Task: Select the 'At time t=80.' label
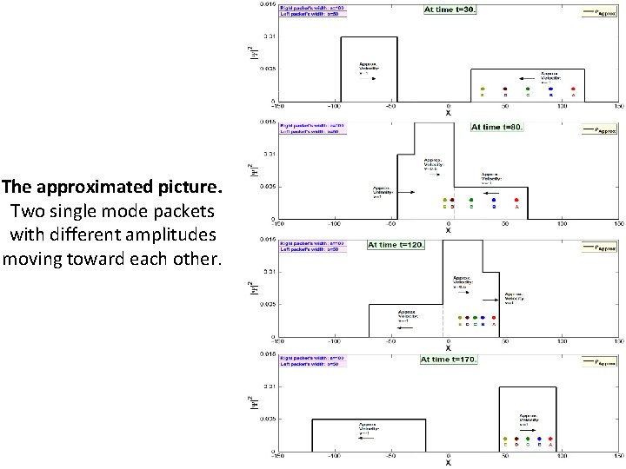(496, 127)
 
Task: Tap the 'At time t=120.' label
(395, 245)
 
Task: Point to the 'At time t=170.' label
(449, 359)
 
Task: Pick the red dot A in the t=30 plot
(573, 89)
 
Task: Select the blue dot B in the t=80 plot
(494, 200)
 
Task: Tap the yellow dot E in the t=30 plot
(483, 89)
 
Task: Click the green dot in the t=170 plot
(528, 439)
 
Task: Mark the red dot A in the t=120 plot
(494, 318)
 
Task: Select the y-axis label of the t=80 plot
(253, 170)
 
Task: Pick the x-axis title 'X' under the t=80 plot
(449, 229)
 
